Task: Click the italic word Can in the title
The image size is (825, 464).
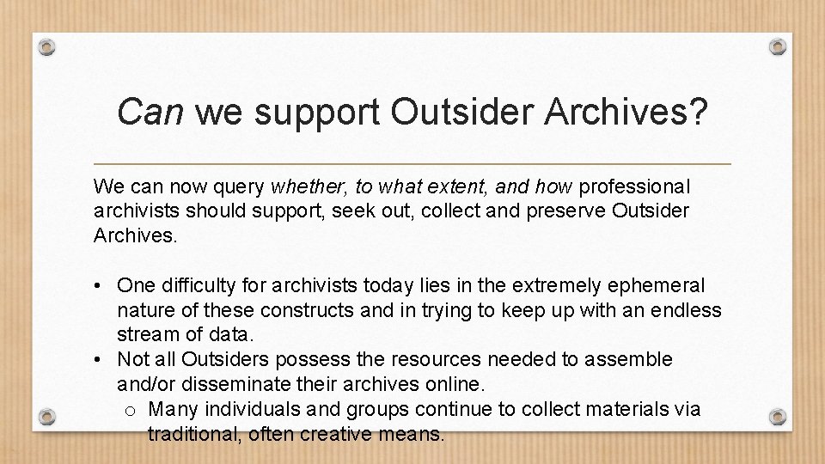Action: (150, 111)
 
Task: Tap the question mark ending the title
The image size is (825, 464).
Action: (697, 111)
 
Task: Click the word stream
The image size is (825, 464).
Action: (146, 333)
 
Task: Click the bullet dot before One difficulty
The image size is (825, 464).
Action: (101, 286)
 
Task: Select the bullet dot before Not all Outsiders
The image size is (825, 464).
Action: (101, 359)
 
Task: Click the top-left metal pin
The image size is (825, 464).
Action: (47, 46)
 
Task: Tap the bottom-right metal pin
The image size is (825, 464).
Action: (778, 417)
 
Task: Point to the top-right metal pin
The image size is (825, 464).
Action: (778, 46)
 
